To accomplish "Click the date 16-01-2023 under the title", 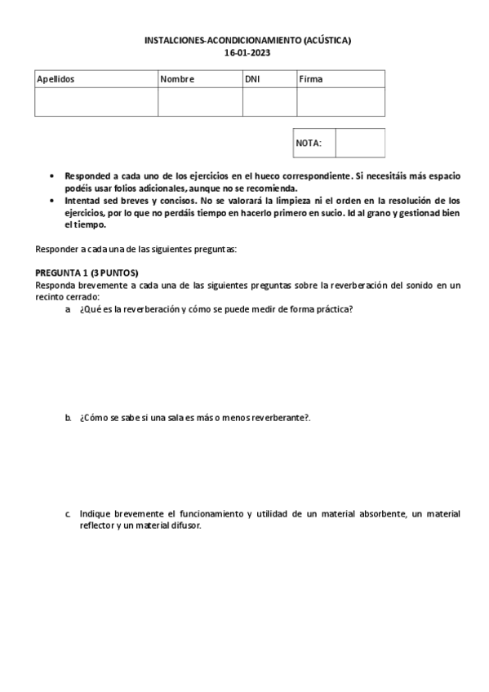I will pyautogui.click(x=247, y=52).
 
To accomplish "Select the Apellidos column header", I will pyautogui.click(x=56, y=80).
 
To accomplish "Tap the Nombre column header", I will pyautogui.click(x=177, y=80).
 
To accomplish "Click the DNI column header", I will pyautogui.click(x=253, y=80).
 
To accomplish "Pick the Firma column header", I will pyautogui.click(x=311, y=80).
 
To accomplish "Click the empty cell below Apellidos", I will pyautogui.click(x=96, y=102).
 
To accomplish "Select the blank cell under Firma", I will pyautogui.click(x=340, y=102).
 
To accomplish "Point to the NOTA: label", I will pyautogui.click(x=309, y=143).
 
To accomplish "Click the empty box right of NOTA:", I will pyautogui.click(x=360, y=143).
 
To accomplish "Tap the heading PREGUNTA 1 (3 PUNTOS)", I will pyautogui.click(x=87, y=272).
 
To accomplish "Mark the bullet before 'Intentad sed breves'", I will pyautogui.click(x=52, y=201).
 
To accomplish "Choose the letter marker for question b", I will pyautogui.click(x=68, y=417).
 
